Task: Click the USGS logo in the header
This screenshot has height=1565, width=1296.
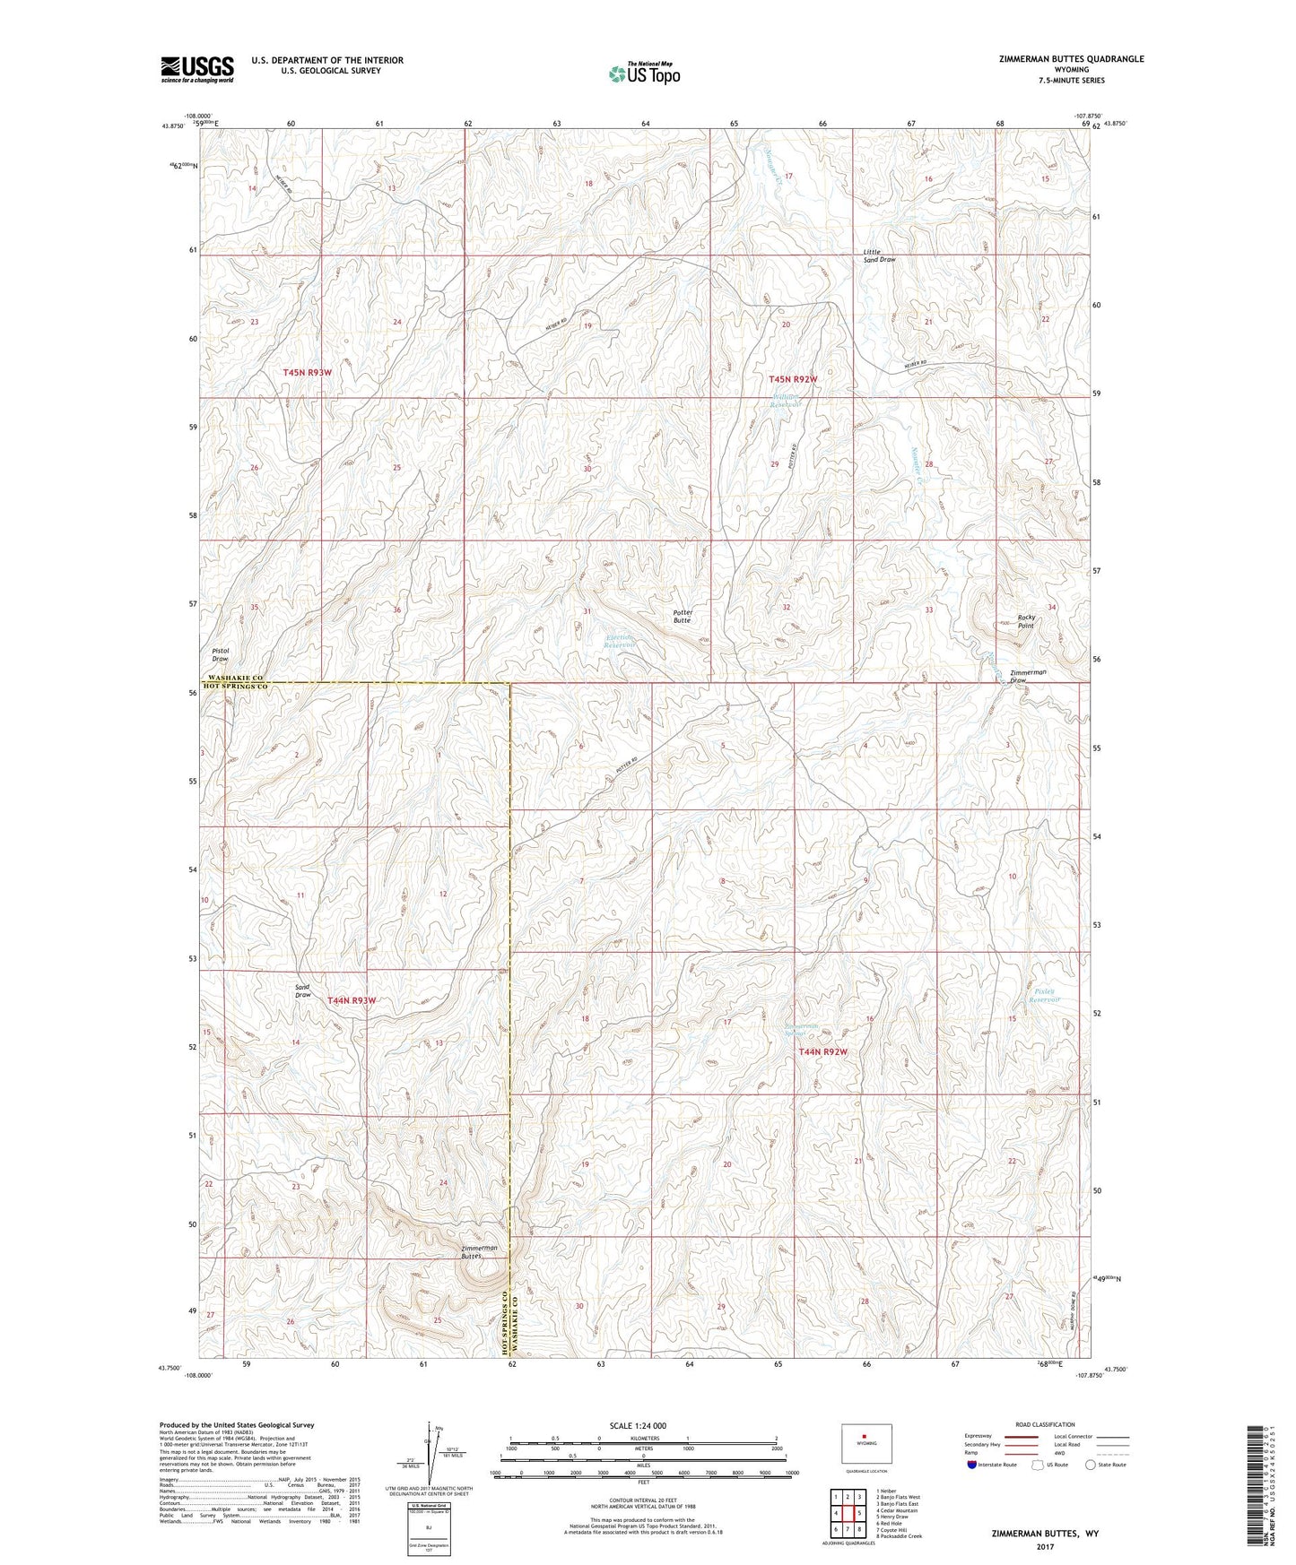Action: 196,69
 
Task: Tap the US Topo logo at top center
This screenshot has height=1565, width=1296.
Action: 643,73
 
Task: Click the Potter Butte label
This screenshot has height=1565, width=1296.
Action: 683,616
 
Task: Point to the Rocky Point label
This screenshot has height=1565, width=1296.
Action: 1026,621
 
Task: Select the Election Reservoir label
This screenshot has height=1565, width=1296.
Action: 618,641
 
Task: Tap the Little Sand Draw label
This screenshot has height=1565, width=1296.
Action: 879,255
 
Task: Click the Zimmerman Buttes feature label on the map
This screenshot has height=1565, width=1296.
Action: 480,1251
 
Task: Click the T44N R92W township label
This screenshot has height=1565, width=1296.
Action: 822,1051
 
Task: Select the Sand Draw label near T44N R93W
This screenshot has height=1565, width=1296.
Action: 303,990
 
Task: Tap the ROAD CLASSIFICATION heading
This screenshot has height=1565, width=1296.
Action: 1046,1424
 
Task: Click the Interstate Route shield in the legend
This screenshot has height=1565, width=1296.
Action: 973,1464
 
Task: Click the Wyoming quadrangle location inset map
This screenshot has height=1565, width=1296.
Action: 865,1445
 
